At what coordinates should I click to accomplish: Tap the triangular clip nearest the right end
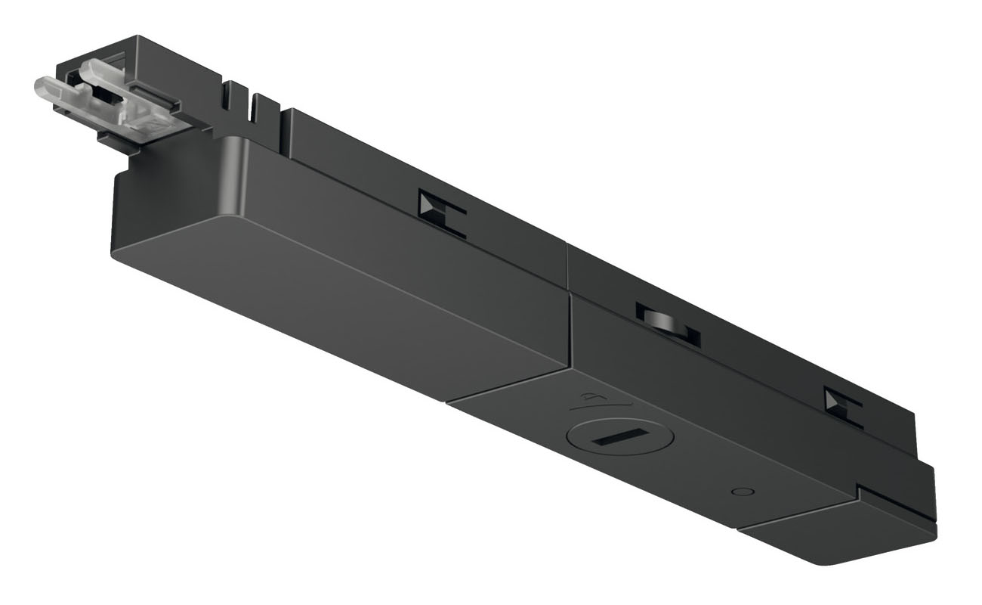tap(835, 400)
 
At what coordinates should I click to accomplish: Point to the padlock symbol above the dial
tap(590, 397)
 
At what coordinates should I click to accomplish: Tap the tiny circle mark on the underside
tap(744, 491)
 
